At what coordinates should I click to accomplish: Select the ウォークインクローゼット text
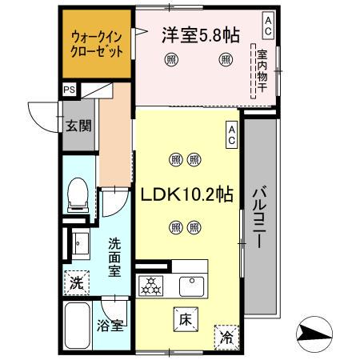pyautogui.click(x=97, y=44)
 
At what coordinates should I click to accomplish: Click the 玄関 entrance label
pyautogui.click(x=78, y=125)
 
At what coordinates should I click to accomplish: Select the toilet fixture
pyautogui.click(x=78, y=194)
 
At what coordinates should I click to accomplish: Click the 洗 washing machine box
pyautogui.click(x=75, y=282)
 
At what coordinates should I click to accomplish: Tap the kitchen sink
pyautogui.click(x=193, y=284)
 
